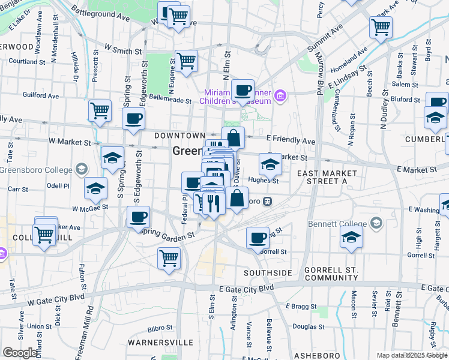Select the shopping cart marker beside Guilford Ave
100,110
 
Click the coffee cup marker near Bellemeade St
243,91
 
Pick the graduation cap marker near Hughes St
270,164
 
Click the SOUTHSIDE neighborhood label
268,273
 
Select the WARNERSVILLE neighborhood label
160,343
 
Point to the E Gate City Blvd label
246,288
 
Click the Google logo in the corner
20,353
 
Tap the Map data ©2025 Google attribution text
412,355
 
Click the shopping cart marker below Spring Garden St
169,259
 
